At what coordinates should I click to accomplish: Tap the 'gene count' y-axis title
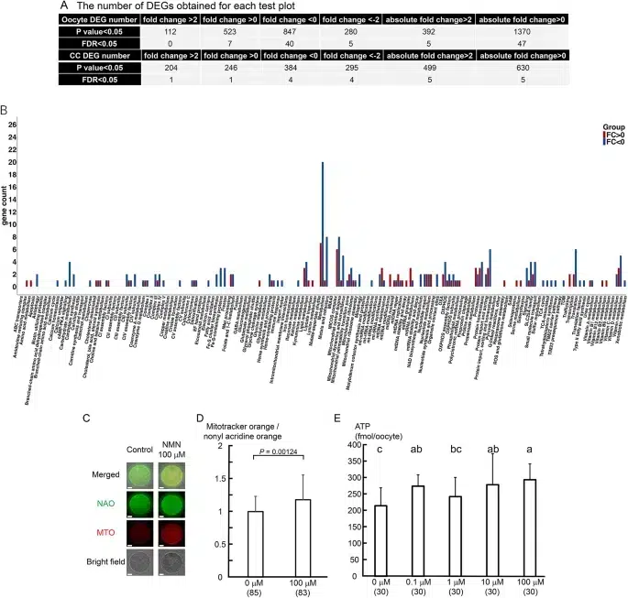pos(8,205)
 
